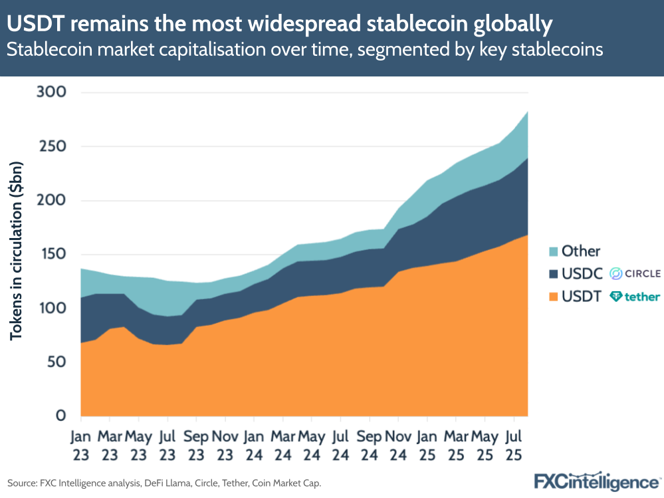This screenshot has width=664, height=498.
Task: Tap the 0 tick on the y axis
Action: pos(60,416)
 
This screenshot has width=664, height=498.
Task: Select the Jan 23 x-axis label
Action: pos(80,446)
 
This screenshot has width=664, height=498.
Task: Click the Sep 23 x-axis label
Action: pos(196,446)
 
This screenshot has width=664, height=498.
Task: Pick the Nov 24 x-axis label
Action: pos(398,446)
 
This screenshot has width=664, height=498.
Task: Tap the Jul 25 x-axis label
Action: pos(513,446)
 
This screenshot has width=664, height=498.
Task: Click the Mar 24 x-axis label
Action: pos(282,446)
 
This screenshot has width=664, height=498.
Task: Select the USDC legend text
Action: pos(581,273)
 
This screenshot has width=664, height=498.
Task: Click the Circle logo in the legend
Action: pos(635,273)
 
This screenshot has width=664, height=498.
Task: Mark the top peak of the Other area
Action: pos(527,112)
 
